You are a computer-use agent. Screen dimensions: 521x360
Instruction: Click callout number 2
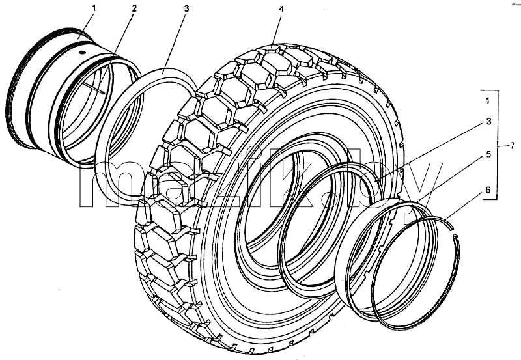point(134,8)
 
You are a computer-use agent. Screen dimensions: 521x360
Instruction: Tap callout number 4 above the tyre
point(281,9)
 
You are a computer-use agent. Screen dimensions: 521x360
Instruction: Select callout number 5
point(488,154)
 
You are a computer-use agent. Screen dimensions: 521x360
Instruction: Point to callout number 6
point(488,189)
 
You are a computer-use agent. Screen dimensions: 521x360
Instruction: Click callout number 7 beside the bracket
point(512,145)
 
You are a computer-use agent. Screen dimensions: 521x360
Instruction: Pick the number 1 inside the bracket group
point(487,101)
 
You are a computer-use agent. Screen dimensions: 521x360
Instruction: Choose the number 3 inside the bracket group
point(488,122)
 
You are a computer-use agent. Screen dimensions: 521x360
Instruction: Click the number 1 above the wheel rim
point(94,8)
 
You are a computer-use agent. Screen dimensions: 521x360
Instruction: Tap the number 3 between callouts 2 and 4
point(186,8)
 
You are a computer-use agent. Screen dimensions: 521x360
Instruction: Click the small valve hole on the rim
point(82,52)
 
